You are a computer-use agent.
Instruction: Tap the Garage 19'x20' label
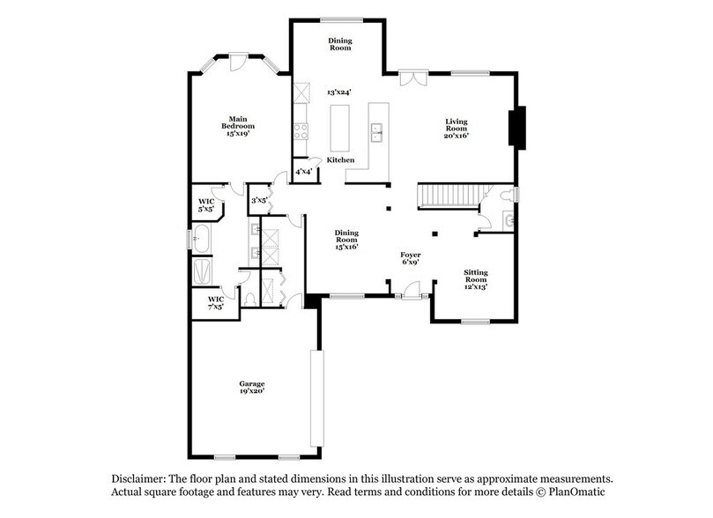(x=252, y=388)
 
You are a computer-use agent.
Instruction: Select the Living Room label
(x=456, y=128)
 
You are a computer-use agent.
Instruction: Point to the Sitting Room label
(x=476, y=279)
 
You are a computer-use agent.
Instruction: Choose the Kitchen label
(x=340, y=160)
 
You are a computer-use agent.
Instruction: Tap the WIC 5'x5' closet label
(x=206, y=206)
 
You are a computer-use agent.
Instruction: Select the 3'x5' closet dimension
(x=260, y=201)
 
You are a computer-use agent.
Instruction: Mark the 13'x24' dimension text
(x=339, y=92)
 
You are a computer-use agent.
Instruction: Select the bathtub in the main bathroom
(x=201, y=238)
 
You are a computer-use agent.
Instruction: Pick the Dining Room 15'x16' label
(x=346, y=239)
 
